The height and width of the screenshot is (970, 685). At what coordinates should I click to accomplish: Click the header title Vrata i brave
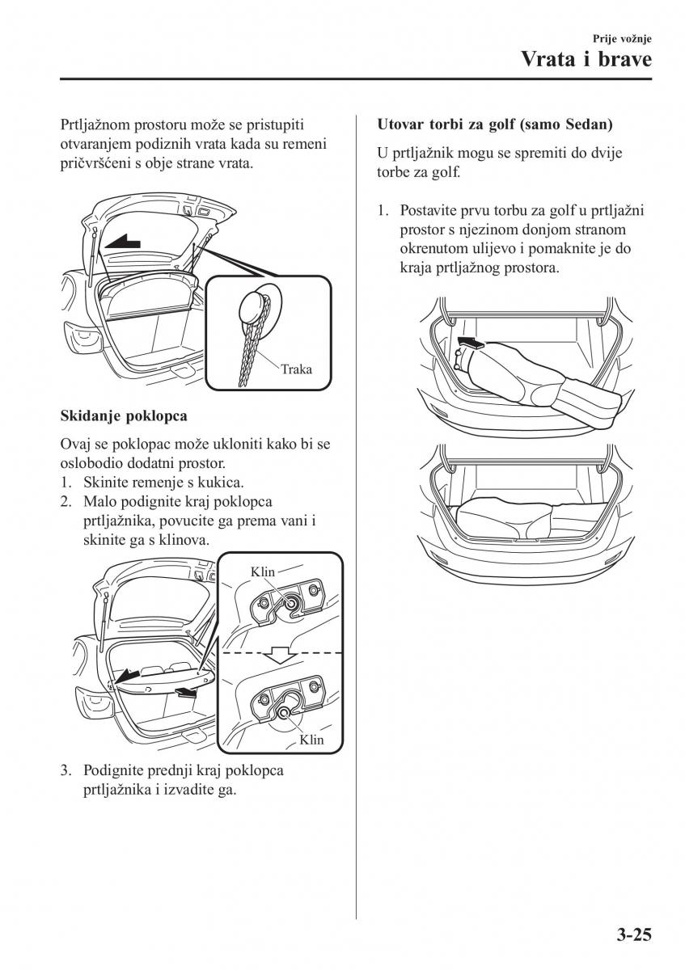(x=586, y=60)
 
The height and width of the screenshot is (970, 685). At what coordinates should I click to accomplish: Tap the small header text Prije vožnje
(x=623, y=38)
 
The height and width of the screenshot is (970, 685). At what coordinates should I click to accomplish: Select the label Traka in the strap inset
(x=296, y=369)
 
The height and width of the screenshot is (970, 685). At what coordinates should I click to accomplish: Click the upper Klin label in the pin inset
(x=263, y=572)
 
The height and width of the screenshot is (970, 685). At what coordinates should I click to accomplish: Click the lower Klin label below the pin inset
(x=311, y=739)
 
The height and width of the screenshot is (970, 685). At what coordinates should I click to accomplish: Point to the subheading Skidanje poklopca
(x=124, y=416)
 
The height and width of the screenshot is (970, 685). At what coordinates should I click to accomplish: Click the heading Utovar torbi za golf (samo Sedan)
(x=495, y=125)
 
